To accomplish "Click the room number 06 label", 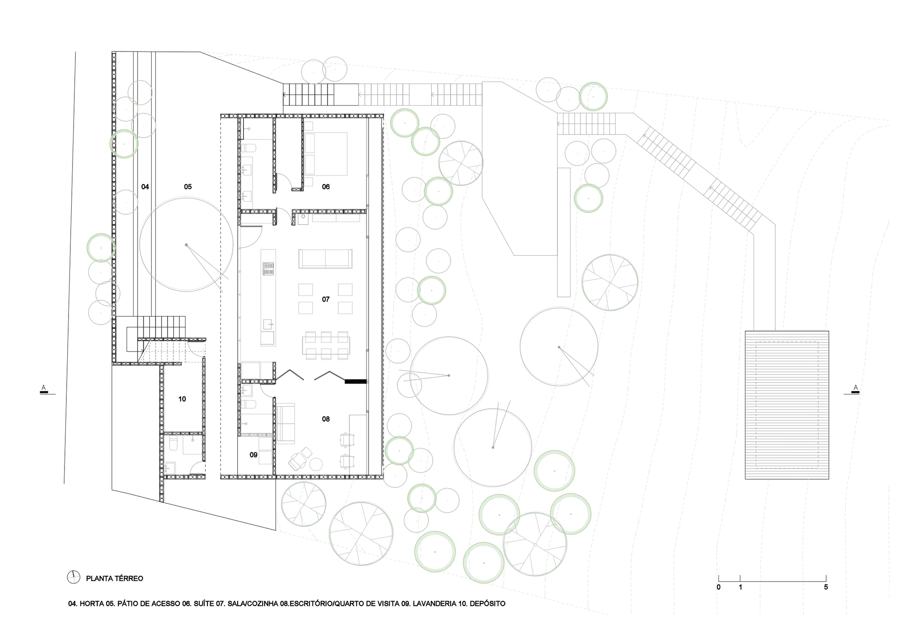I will click(326, 187).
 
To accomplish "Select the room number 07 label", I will click(326, 299).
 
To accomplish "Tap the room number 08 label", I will click(326, 419).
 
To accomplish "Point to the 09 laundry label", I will click(253, 455).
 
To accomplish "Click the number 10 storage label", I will click(182, 399).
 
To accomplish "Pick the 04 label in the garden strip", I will click(145, 187).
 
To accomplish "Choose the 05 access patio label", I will click(188, 187).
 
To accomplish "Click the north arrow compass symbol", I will click(73, 577).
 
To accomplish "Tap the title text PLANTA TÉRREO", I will click(115, 578).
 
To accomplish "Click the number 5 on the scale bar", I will click(826, 587).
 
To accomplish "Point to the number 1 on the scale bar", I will click(740, 587).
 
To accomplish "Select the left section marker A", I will click(44, 388).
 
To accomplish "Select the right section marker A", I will click(855, 388).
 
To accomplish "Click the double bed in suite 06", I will click(326, 153).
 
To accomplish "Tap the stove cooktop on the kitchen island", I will click(268, 269).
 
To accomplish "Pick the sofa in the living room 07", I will click(325, 259).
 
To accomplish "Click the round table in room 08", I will click(316, 464).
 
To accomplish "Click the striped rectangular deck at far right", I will click(787, 405).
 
